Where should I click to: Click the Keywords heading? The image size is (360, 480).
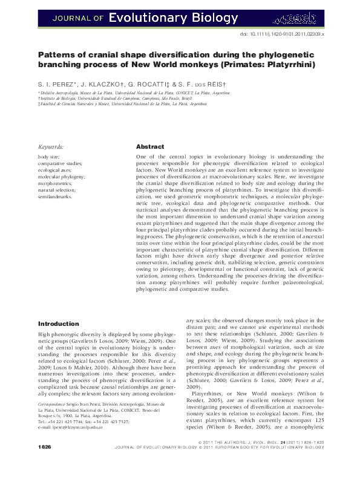[x=51, y=147]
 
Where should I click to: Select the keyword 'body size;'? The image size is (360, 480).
[x=48, y=157]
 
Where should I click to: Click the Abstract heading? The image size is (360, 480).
[x=150, y=147]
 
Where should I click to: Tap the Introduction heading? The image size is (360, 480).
[x=59, y=324]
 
